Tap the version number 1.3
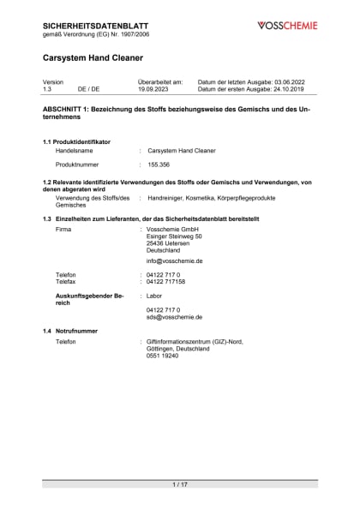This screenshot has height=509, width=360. click(x=47, y=88)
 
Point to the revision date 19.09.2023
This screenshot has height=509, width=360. click(x=154, y=88)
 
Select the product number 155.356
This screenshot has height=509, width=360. click(x=159, y=163)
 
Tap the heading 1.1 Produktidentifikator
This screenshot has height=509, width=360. click(x=76, y=141)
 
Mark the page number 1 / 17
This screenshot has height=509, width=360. click(x=180, y=484)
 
